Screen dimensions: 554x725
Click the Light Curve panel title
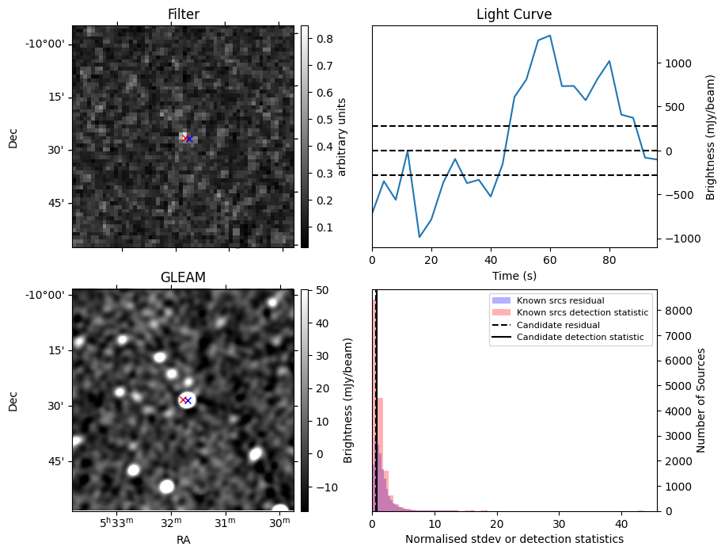pyautogui.click(x=514, y=14)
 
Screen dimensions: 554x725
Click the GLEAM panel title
pyautogui.click(x=183, y=277)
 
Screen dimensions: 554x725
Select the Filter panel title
pyautogui.click(x=183, y=14)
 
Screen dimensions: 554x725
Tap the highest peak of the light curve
pyautogui.click(x=549, y=35)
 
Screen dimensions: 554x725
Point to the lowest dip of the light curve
pyautogui.click(x=419, y=237)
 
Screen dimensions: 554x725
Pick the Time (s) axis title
pyautogui.click(x=514, y=275)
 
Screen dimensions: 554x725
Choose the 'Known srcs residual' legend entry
pyautogui.click(x=560, y=301)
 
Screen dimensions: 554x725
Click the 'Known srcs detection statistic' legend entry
pyautogui.click(x=582, y=313)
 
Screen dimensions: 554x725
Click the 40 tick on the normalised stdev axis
pyautogui.click(x=621, y=524)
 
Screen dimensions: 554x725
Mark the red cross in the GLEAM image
pyautogui.click(x=183, y=399)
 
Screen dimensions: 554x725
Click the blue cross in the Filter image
pyautogui.click(x=189, y=139)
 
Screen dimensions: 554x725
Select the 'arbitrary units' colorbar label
pyautogui.click(x=342, y=136)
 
